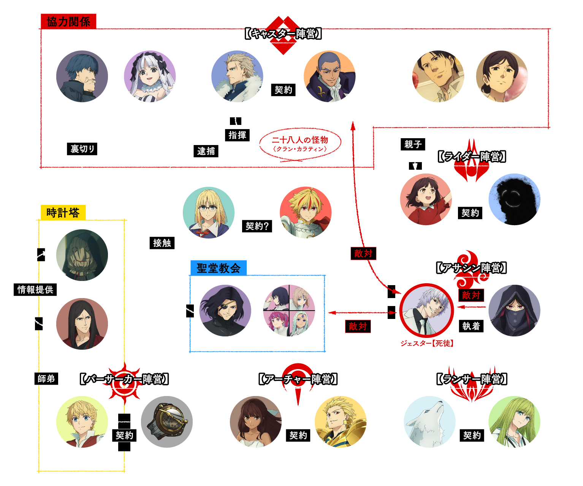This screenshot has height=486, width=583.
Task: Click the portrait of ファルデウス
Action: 82,76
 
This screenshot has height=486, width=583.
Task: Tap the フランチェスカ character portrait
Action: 150,76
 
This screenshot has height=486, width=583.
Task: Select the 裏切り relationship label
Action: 82,148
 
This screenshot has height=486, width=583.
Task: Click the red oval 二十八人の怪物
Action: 300,143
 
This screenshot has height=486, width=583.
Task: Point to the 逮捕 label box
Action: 206,151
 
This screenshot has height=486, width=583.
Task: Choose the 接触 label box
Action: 162,243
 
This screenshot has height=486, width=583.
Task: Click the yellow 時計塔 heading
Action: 63,213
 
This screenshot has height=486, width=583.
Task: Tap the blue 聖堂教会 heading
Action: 219,268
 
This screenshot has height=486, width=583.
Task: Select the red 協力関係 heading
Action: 68,22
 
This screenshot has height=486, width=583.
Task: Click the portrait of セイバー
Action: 306,213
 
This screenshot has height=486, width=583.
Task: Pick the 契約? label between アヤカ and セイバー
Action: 257,226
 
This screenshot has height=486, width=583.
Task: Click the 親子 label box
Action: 413,144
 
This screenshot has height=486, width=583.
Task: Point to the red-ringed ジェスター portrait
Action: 426,310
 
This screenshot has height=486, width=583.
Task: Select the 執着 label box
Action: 471,326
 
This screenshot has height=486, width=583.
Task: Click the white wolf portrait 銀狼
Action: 429,422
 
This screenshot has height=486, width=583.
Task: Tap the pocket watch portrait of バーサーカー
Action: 167,422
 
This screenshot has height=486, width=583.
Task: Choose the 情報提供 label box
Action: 35,289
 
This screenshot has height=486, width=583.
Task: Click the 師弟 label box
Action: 46,378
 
